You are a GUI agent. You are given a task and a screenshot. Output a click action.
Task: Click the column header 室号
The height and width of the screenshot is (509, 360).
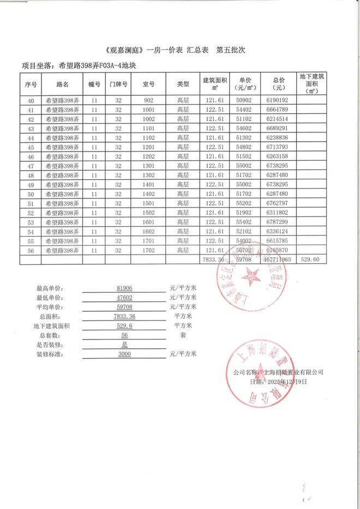point(148,84)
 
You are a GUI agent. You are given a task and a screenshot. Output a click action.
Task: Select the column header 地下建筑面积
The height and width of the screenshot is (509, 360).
point(313,84)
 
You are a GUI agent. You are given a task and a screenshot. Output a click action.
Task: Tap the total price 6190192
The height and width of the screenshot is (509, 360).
point(281,101)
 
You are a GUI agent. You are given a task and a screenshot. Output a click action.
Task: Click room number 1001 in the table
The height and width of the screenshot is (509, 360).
point(148,110)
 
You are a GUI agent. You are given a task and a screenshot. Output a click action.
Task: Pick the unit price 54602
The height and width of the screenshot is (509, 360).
point(245,129)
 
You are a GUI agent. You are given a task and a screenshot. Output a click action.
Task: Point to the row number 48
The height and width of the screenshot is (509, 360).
point(31,175)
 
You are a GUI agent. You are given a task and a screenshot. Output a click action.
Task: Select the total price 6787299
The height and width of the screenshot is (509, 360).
point(281,222)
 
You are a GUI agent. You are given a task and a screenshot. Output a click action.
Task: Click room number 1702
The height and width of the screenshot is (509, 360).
point(148,251)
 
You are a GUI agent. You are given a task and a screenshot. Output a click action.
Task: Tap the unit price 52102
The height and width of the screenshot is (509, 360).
point(245,232)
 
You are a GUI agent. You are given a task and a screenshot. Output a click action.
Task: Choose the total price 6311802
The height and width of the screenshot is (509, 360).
point(281,213)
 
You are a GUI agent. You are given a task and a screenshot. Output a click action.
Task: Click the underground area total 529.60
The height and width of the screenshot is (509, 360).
point(313,260)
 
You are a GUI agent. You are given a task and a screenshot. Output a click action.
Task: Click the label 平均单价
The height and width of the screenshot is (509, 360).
point(50,307)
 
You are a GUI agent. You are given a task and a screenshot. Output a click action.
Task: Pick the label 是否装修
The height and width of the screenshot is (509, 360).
point(50,344)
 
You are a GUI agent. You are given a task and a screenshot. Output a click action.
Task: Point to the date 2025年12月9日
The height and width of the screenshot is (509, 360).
point(287,382)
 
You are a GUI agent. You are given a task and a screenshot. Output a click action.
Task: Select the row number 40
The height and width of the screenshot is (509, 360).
point(31,101)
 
